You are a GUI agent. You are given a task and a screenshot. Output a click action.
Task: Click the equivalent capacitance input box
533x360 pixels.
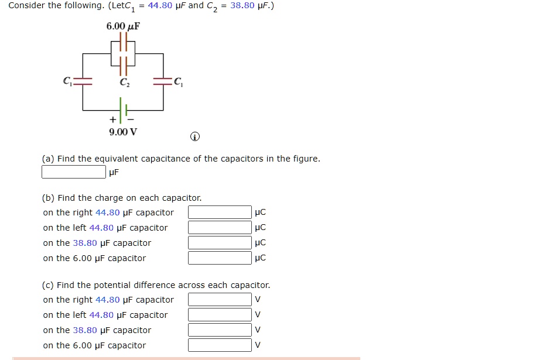click(x=74, y=172)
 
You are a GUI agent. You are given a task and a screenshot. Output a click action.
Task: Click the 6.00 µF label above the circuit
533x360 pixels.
click(x=123, y=26)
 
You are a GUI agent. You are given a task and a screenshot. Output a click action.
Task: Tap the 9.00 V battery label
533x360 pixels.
click(x=123, y=132)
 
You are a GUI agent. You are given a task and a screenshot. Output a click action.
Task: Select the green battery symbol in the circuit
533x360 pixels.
click(x=123, y=109)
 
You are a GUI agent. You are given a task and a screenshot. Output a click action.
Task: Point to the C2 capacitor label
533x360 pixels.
click(x=124, y=83)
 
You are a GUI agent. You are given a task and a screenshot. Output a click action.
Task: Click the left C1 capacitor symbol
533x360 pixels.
click(x=83, y=82)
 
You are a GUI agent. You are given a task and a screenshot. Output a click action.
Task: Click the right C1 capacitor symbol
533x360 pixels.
click(x=163, y=82)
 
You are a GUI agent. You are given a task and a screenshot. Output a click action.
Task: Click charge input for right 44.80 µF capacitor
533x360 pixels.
click(x=220, y=212)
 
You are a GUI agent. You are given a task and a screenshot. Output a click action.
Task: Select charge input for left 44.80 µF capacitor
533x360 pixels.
click(x=220, y=228)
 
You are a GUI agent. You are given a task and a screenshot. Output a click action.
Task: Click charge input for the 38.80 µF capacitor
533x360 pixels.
click(x=220, y=243)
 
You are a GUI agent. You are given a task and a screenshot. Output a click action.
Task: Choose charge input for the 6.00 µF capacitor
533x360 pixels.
click(x=220, y=258)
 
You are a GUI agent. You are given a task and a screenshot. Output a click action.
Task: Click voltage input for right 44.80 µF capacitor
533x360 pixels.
click(x=220, y=300)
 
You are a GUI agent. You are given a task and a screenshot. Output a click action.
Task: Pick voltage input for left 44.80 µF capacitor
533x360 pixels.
click(x=220, y=315)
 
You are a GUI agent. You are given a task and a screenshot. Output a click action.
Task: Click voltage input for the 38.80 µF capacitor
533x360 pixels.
click(x=220, y=330)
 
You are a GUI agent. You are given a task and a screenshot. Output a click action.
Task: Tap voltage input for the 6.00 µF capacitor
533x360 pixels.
click(x=220, y=345)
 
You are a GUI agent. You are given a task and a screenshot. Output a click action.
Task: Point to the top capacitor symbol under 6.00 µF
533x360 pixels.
click(x=123, y=42)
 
